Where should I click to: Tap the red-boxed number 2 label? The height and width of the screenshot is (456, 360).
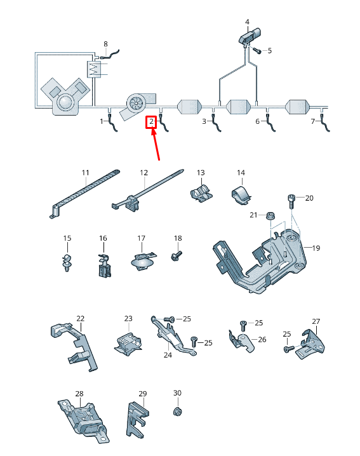[x=151, y=122]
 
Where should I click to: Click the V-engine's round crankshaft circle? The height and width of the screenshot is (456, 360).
[x=65, y=102]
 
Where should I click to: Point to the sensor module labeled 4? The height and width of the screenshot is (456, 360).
[x=250, y=36]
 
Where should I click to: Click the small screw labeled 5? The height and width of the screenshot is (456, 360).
[x=257, y=51]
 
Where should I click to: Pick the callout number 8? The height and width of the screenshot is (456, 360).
[x=105, y=44]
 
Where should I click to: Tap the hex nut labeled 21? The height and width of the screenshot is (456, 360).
[x=270, y=215]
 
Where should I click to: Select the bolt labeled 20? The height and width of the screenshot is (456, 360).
[x=292, y=201]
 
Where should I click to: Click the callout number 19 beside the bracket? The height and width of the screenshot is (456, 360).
[x=316, y=248]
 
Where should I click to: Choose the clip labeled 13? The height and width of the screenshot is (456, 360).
[x=201, y=193]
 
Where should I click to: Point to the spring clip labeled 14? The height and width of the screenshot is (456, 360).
[x=241, y=194]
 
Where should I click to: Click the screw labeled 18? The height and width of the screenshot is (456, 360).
[x=177, y=256]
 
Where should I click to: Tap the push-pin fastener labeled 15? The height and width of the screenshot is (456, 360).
[x=67, y=262]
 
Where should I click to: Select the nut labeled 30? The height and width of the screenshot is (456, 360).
[x=177, y=412]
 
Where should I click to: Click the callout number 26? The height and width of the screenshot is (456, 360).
[x=262, y=339]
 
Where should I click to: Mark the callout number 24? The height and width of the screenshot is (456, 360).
[x=168, y=355]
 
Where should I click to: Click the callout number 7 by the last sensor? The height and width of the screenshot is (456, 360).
[x=313, y=121]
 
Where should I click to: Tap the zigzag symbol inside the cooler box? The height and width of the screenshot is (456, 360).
[x=93, y=69]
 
